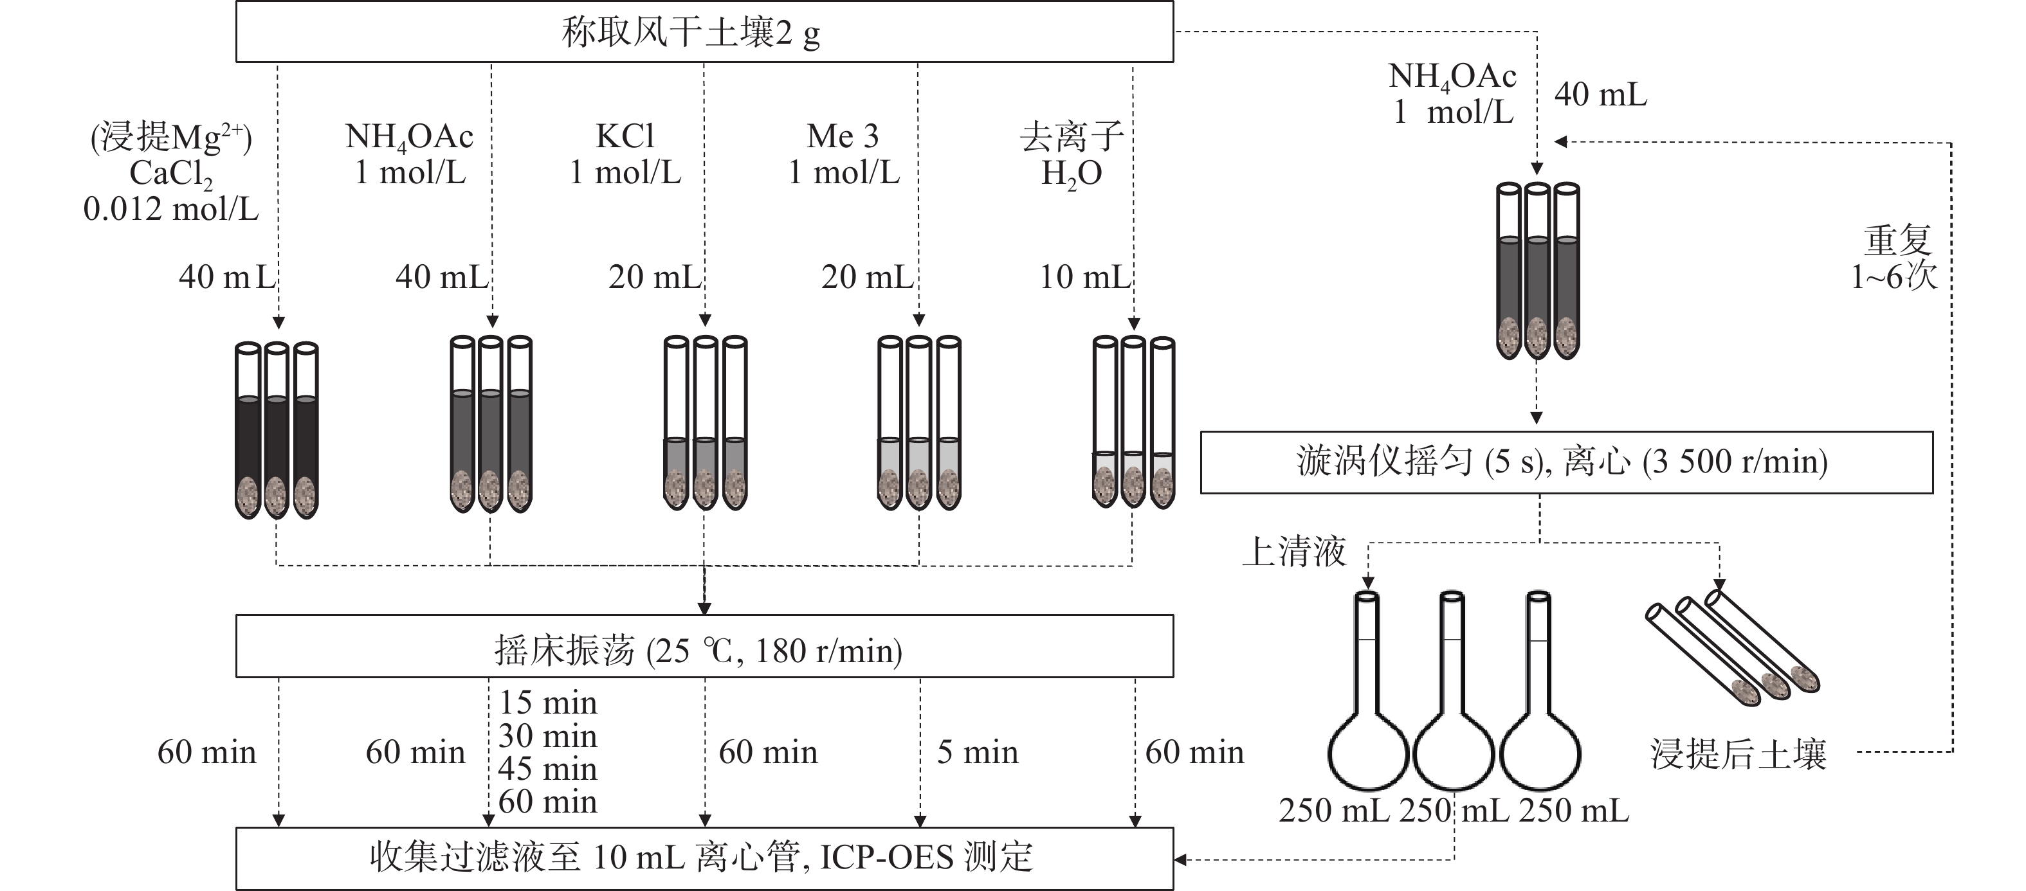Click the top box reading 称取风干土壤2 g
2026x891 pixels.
pyautogui.click(x=704, y=32)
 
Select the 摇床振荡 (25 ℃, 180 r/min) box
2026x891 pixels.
pyautogui.click(x=704, y=647)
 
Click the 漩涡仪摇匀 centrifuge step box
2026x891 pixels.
pyautogui.click(x=1565, y=462)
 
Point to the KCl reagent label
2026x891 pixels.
pyautogui.click(x=625, y=154)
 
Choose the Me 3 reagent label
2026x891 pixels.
pyautogui.click(x=843, y=154)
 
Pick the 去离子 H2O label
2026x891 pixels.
pyautogui.click(x=1071, y=154)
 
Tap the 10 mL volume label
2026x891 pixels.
pyautogui.click(x=1084, y=277)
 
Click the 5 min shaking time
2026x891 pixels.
pyautogui.click(x=977, y=753)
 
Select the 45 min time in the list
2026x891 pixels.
pyautogui.click(x=547, y=768)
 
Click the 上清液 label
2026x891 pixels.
pyautogui.click(x=1294, y=552)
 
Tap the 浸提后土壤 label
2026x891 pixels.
pyautogui.click(x=1738, y=754)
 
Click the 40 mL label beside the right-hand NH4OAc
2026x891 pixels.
pyautogui.click(x=1600, y=94)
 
